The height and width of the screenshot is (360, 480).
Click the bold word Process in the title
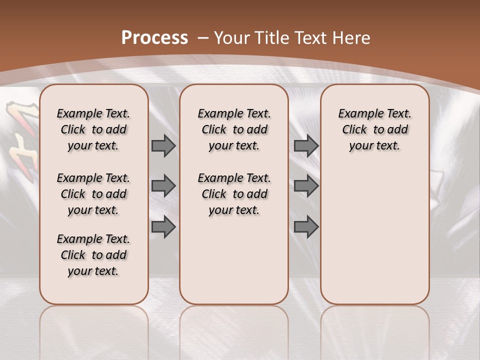154,37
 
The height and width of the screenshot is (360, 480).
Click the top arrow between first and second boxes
163,145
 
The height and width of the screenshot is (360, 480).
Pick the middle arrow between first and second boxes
163,186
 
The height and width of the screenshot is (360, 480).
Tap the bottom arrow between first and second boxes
163,227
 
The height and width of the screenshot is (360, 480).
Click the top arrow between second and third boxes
306,145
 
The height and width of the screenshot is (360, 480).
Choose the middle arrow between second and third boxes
306,186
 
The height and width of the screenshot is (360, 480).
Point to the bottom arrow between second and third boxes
306,227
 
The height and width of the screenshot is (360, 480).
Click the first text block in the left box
93,129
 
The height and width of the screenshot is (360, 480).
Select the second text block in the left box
93,194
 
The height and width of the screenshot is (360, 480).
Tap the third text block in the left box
93,255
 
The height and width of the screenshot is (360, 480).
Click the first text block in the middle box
234,129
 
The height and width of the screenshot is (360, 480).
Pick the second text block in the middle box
234,194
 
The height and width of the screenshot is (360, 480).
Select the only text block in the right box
374,129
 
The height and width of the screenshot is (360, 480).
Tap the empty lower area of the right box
374,235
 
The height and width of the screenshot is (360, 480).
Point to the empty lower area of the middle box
234,260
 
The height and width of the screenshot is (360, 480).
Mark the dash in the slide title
203,37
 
